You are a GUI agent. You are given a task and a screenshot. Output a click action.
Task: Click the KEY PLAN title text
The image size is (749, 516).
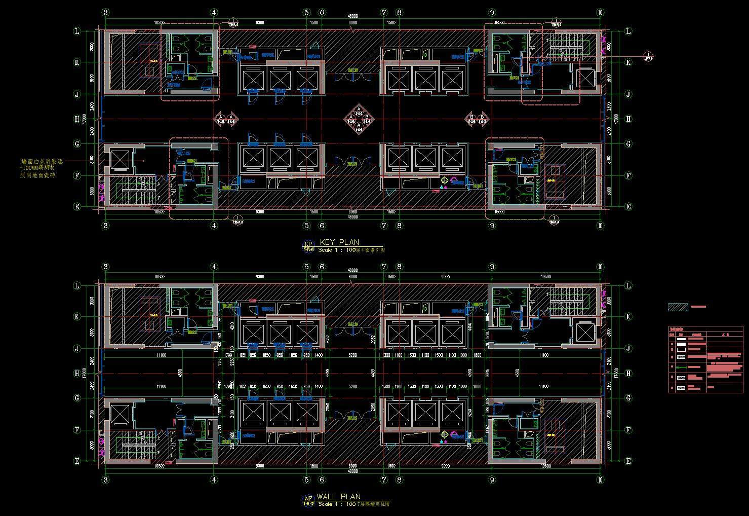pos(340,242)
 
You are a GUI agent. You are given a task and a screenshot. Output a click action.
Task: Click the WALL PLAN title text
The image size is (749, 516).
pos(339,497)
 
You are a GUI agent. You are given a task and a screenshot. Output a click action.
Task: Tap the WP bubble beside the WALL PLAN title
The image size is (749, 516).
pos(307,499)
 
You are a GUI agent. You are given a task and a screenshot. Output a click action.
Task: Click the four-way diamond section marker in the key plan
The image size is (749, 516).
pos(358,118)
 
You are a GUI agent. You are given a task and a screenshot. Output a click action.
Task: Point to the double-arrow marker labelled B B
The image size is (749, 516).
pos(477,119)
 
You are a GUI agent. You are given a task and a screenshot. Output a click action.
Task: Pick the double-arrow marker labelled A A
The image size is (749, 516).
pos(226,119)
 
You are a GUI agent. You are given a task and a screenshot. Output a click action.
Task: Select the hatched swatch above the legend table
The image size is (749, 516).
pos(678,307)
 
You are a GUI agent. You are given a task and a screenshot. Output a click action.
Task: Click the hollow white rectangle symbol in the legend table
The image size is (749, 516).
pos(681,349)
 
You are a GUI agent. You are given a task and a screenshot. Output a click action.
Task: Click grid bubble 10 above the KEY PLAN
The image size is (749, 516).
pos(600,12)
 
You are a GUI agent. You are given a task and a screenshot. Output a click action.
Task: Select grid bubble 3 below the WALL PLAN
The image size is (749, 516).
pos(105,480)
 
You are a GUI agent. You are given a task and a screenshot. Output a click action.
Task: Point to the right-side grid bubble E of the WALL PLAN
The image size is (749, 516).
pos(628,461)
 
